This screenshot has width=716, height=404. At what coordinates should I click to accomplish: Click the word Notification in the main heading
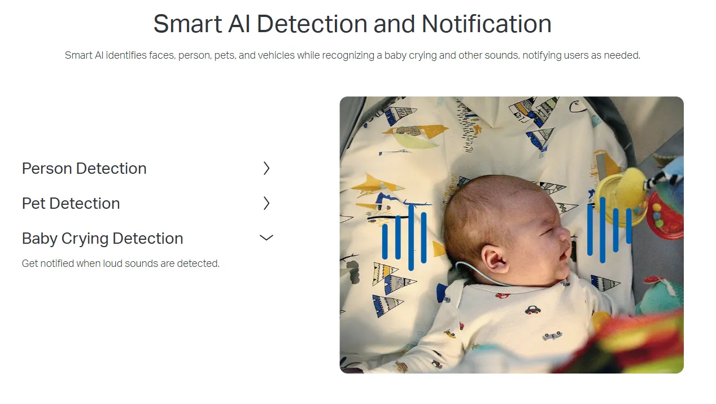(x=487, y=24)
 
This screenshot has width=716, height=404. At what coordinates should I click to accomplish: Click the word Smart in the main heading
(x=187, y=24)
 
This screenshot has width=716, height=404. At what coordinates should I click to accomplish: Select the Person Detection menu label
(x=84, y=168)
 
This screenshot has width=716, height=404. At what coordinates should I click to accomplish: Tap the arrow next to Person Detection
(x=267, y=168)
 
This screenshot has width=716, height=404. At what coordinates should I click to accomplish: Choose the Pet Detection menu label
(x=71, y=204)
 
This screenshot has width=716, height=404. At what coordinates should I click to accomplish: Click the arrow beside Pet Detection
(x=267, y=204)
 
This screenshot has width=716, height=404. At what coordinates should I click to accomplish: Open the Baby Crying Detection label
(x=102, y=239)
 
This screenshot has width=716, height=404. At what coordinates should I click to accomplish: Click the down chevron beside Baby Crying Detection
(x=267, y=238)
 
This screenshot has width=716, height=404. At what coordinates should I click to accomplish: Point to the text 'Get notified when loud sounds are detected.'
(x=120, y=264)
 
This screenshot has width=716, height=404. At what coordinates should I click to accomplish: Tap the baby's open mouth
(x=565, y=254)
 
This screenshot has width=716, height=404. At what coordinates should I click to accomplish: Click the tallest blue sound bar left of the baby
(x=411, y=238)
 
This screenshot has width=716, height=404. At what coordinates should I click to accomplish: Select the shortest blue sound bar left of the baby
(x=385, y=241)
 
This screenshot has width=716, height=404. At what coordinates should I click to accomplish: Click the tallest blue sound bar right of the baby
(x=603, y=230)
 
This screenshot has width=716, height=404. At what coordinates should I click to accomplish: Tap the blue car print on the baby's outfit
(x=533, y=310)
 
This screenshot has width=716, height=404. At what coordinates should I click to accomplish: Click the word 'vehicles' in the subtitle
(x=276, y=55)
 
